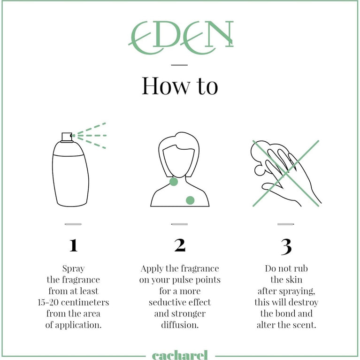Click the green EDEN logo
pyautogui.click(x=181, y=38)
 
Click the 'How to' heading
pyautogui.click(x=180, y=85)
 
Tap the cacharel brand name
pyautogui.click(x=180, y=355)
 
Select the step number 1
pyautogui.click(x=74, y=245)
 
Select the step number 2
pyautogui.click(x=180, y=245)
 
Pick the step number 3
pyautogui.click(x=286, y=247)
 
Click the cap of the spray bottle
pyautogui.click(x=67, y=138)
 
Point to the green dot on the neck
pyautogui.click(x=174, y=182)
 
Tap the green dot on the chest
pyautogui.click(x=190, y=200)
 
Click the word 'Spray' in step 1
pyautogui.click(x=74, y=268)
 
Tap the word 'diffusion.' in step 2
pyautogui.click(x=180, y=325)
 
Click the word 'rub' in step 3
pyautogui.click(x=301, y=268)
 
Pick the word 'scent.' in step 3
pyautogui.click(x=303, y=325)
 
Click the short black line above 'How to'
pyautogui.click(x=179, y=65)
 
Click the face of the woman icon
pyautogui.click(x=179, y=161)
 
